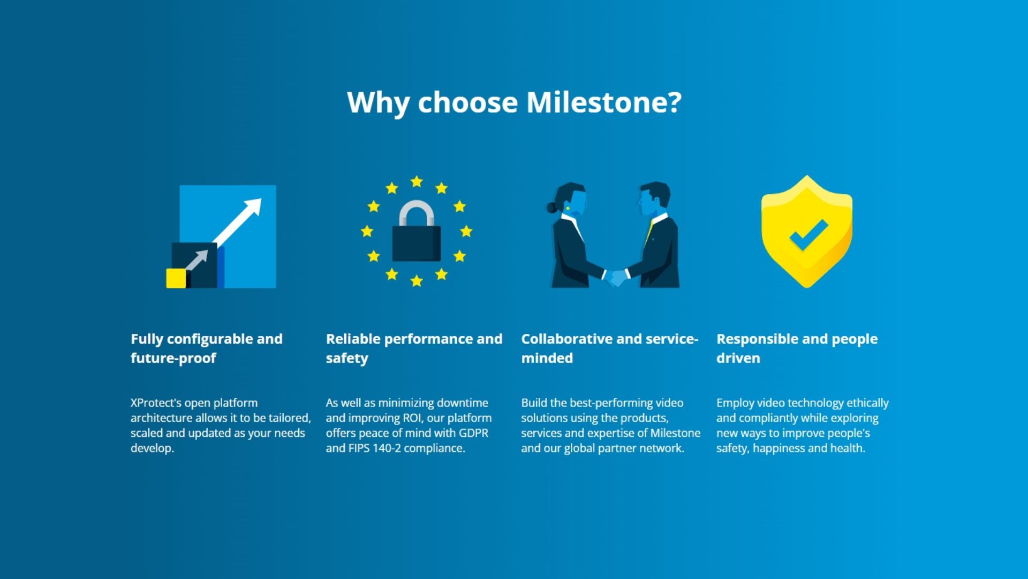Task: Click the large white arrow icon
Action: pos(237,222)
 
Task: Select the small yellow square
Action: pos(176,278)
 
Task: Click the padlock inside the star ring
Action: pos(417,231)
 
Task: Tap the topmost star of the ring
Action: pos(417,182)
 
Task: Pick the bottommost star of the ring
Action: pos(417,280)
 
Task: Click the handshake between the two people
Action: pos(616,277)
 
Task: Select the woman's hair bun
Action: pos(551,207)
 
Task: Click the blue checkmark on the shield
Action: pos(808,235)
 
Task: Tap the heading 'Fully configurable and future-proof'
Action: pos(207,348)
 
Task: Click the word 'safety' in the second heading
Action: pos(347,358)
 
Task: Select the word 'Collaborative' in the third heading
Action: pos(566,339)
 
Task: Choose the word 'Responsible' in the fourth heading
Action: pos(757,339)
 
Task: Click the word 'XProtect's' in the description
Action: pos(156,403)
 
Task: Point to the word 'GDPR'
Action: pos(473,433)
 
